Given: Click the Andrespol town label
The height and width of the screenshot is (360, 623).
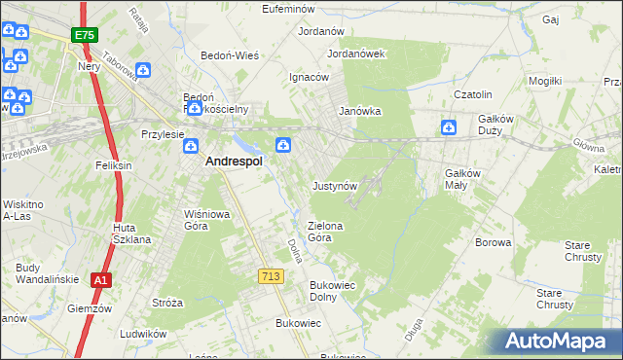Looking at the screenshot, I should pyautogui.click(x=233, y=163).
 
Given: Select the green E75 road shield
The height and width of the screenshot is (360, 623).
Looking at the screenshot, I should pyautogui.click(x=84, y=36).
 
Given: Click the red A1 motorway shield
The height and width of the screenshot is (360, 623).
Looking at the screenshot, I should pyautogui.click(x=100, y=280).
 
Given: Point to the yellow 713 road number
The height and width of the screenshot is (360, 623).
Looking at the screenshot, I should pyautogui.click(x=271, y=277).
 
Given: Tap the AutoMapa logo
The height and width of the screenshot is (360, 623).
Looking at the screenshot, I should pyautogui.click(x=559, y=342).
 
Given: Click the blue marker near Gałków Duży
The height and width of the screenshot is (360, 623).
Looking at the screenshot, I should pyautogui.click(x=449, y=127).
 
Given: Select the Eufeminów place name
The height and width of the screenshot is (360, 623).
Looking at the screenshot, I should pyautogui.click(x=291, y=9).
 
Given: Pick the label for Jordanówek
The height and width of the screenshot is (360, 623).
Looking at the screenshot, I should pyautogui.click(x=357, y=54).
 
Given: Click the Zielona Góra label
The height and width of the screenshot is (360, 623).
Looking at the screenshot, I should pyautogui.click(x=326, y=231).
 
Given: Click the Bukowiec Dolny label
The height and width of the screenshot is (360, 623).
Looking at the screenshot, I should pyautogui.click(x=335, y=291).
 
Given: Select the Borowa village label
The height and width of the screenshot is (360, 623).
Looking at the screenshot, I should pyautogui.click(x=493, y=242).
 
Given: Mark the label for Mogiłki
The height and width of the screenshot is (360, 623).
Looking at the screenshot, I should pyautogui.click(x=545, y=81).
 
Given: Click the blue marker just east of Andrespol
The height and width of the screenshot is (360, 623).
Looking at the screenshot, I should pyautogui.click(x=283, y=146).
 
